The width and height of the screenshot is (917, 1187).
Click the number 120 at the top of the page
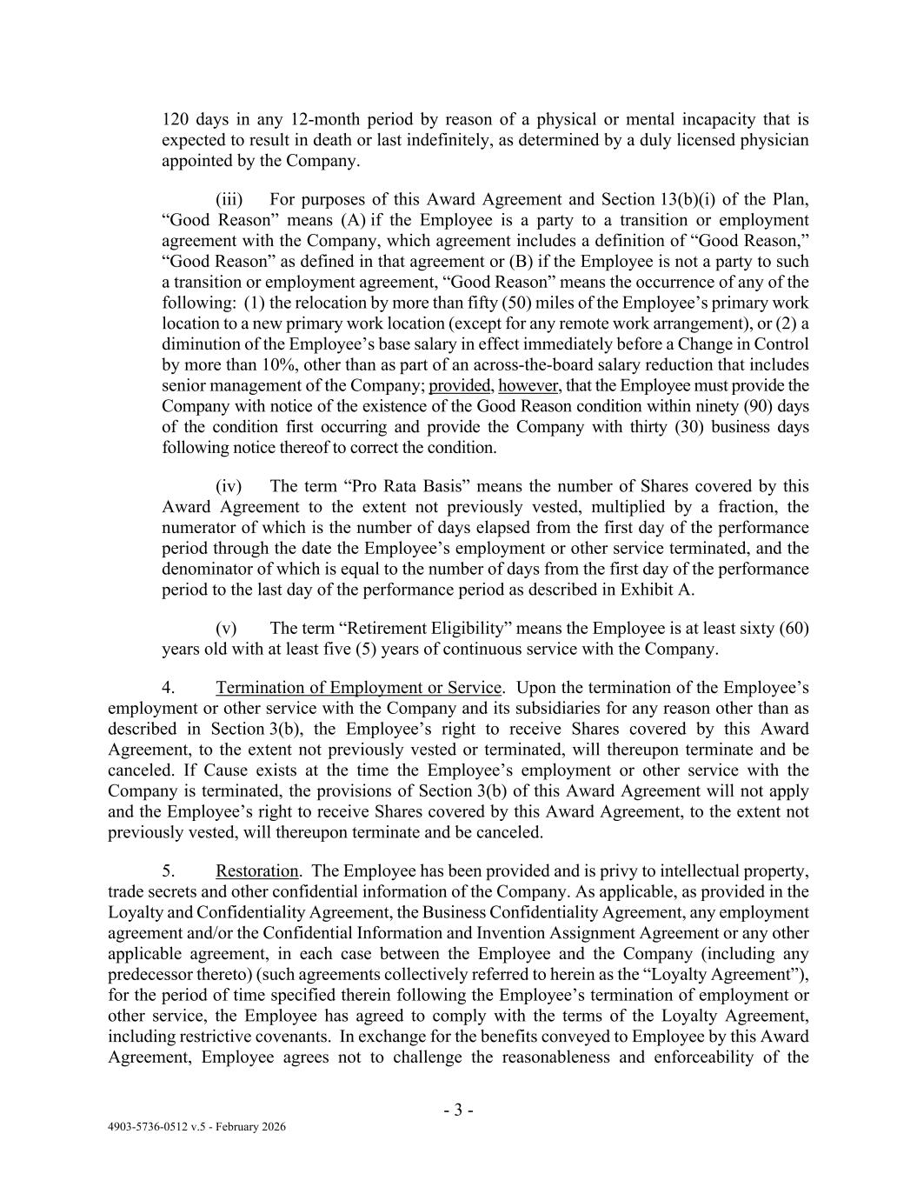point(175,119)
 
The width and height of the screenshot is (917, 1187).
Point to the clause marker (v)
point(226,628)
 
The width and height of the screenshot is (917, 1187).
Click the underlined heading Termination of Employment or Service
point(359,688)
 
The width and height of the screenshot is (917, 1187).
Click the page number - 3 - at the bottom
point(458,1110)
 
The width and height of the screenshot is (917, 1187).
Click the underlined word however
point(528,385)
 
